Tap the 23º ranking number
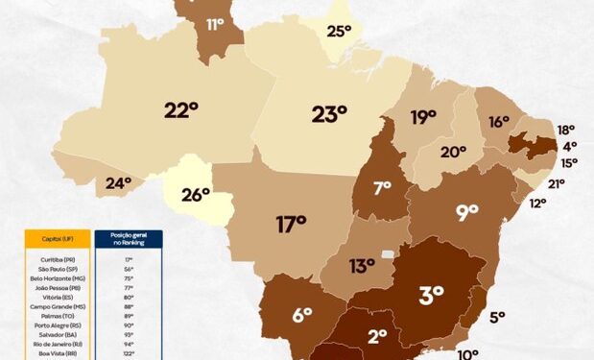click(x=328, y=114)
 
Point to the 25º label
click(x=339, y=31)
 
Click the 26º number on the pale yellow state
click(x=195, y=195)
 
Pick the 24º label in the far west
click(x=118, y=182)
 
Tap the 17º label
click(x=290, y=225)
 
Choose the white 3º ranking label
click(x=431, y=295)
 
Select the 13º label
click(x=361, y=266)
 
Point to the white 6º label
click(x=301, y=314)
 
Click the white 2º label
click(x=376, y=336)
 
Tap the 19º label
click(x=423, y=118)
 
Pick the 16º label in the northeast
click(x=498, y=122)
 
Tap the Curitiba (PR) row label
click(x=58, y=259)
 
